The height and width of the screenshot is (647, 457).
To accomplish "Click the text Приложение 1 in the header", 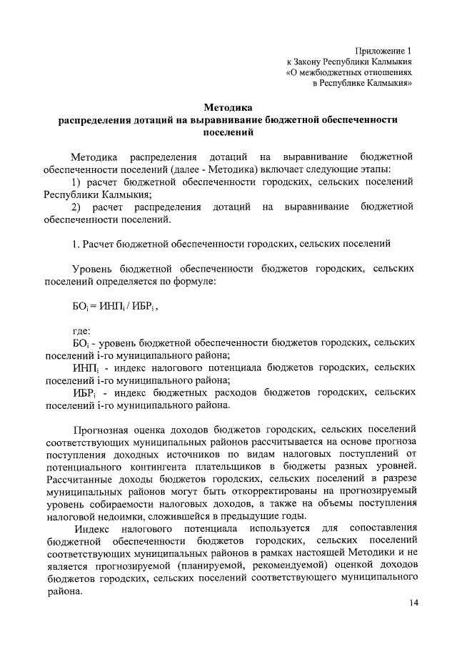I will click(384, 50).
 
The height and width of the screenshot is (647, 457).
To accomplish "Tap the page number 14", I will click(414, 604).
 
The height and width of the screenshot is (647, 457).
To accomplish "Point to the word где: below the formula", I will click(81, 331).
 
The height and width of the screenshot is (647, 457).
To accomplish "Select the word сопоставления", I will click(383, 528).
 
